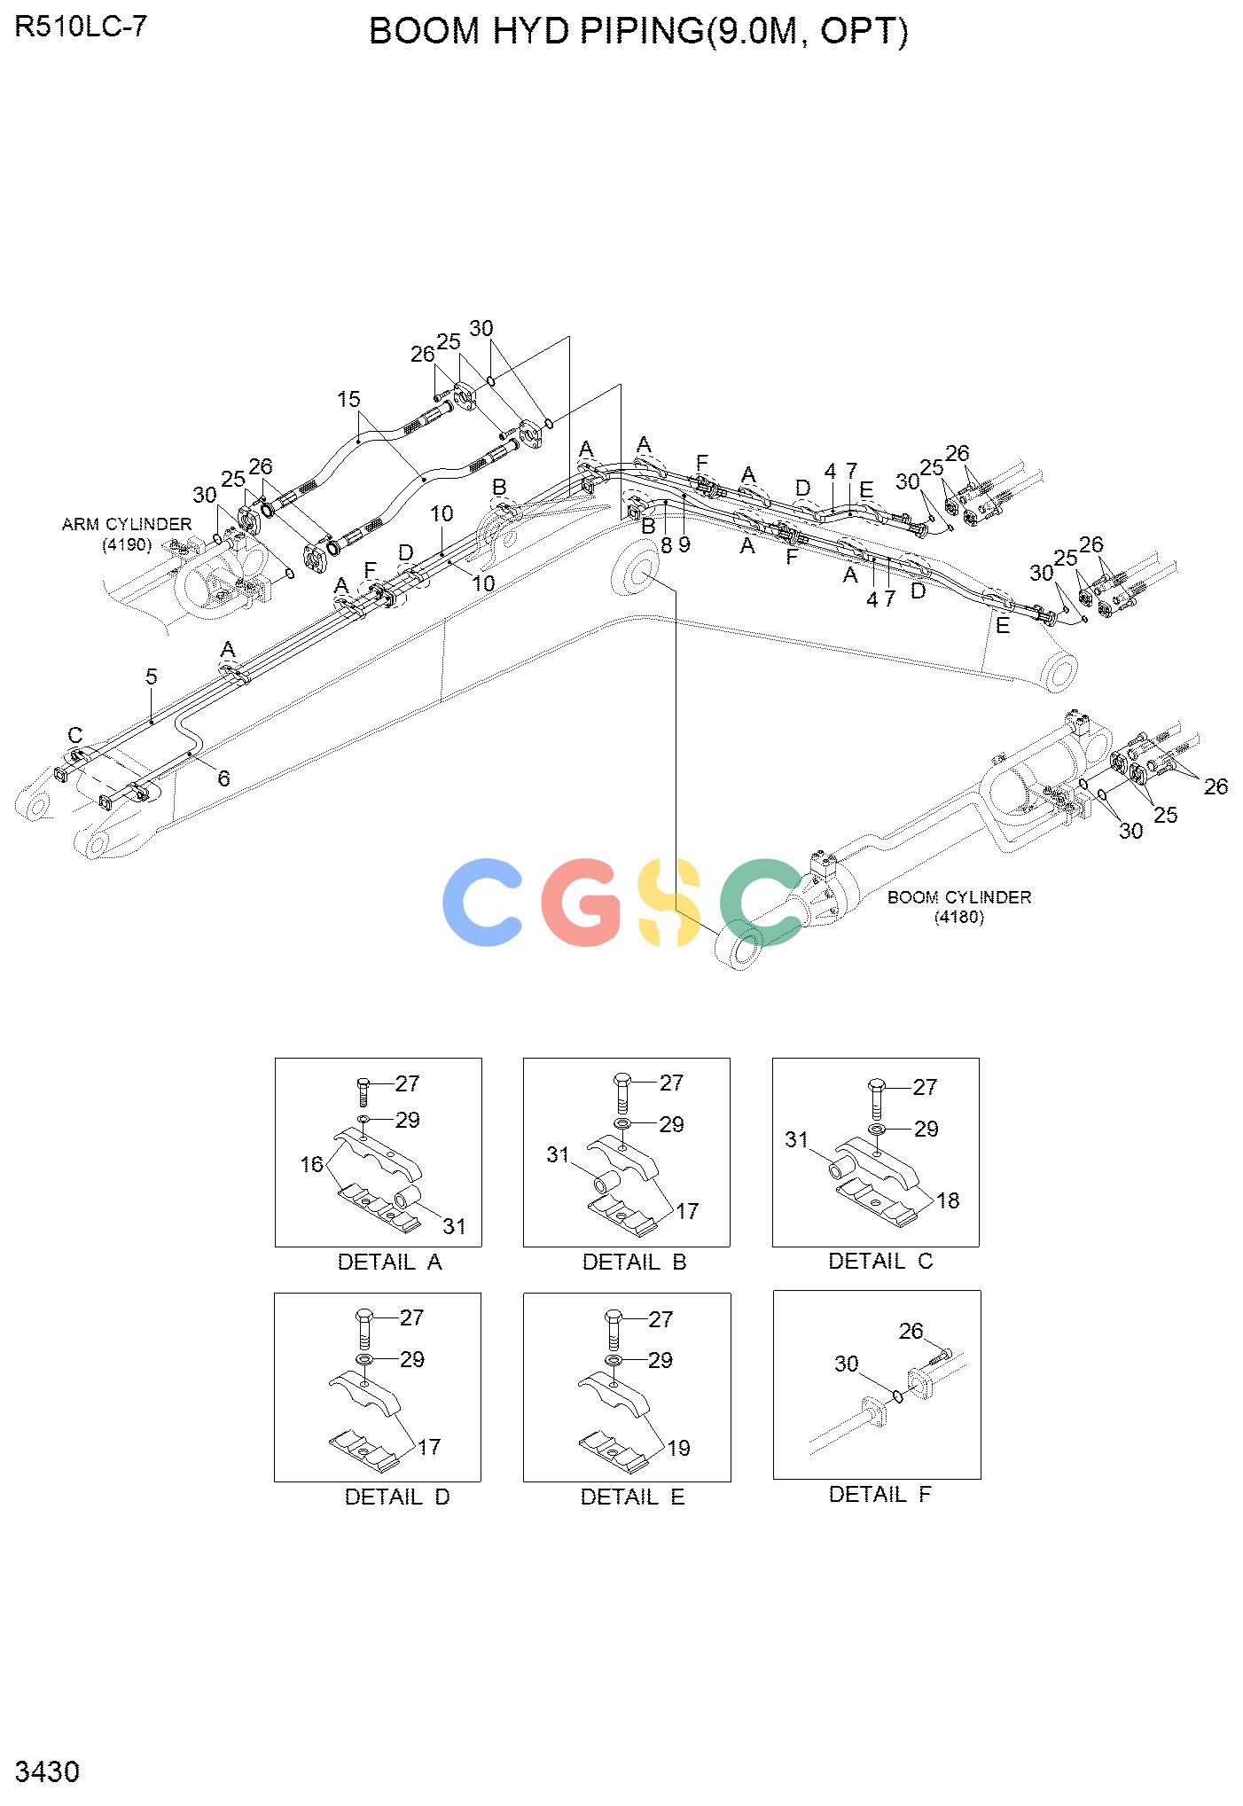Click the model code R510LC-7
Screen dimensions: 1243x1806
(x=81, y=27)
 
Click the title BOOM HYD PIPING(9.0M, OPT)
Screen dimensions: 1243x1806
(x=638, y=32)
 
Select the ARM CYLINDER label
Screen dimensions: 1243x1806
(x=127, y=524)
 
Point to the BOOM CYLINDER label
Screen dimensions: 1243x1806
(x=959, y=897)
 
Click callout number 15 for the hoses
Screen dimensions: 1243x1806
(x=349, y=399)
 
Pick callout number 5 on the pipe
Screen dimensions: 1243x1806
(x=151, y=677)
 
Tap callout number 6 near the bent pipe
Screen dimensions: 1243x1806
(x=223, y=778)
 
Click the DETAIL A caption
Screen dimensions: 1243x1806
(x=389, y=1262)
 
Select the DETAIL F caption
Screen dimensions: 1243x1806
(x=879, y=1494)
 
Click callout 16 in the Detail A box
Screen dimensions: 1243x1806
(x=312, y=1164)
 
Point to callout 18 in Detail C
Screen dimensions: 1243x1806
(x=948, y=1200)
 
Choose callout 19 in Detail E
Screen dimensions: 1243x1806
(x=678, y=1448)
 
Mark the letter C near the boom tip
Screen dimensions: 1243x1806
(x=75, y=735)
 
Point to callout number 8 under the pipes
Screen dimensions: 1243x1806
(x=666, y=545)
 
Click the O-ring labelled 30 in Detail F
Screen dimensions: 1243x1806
(x=897, y=1396)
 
